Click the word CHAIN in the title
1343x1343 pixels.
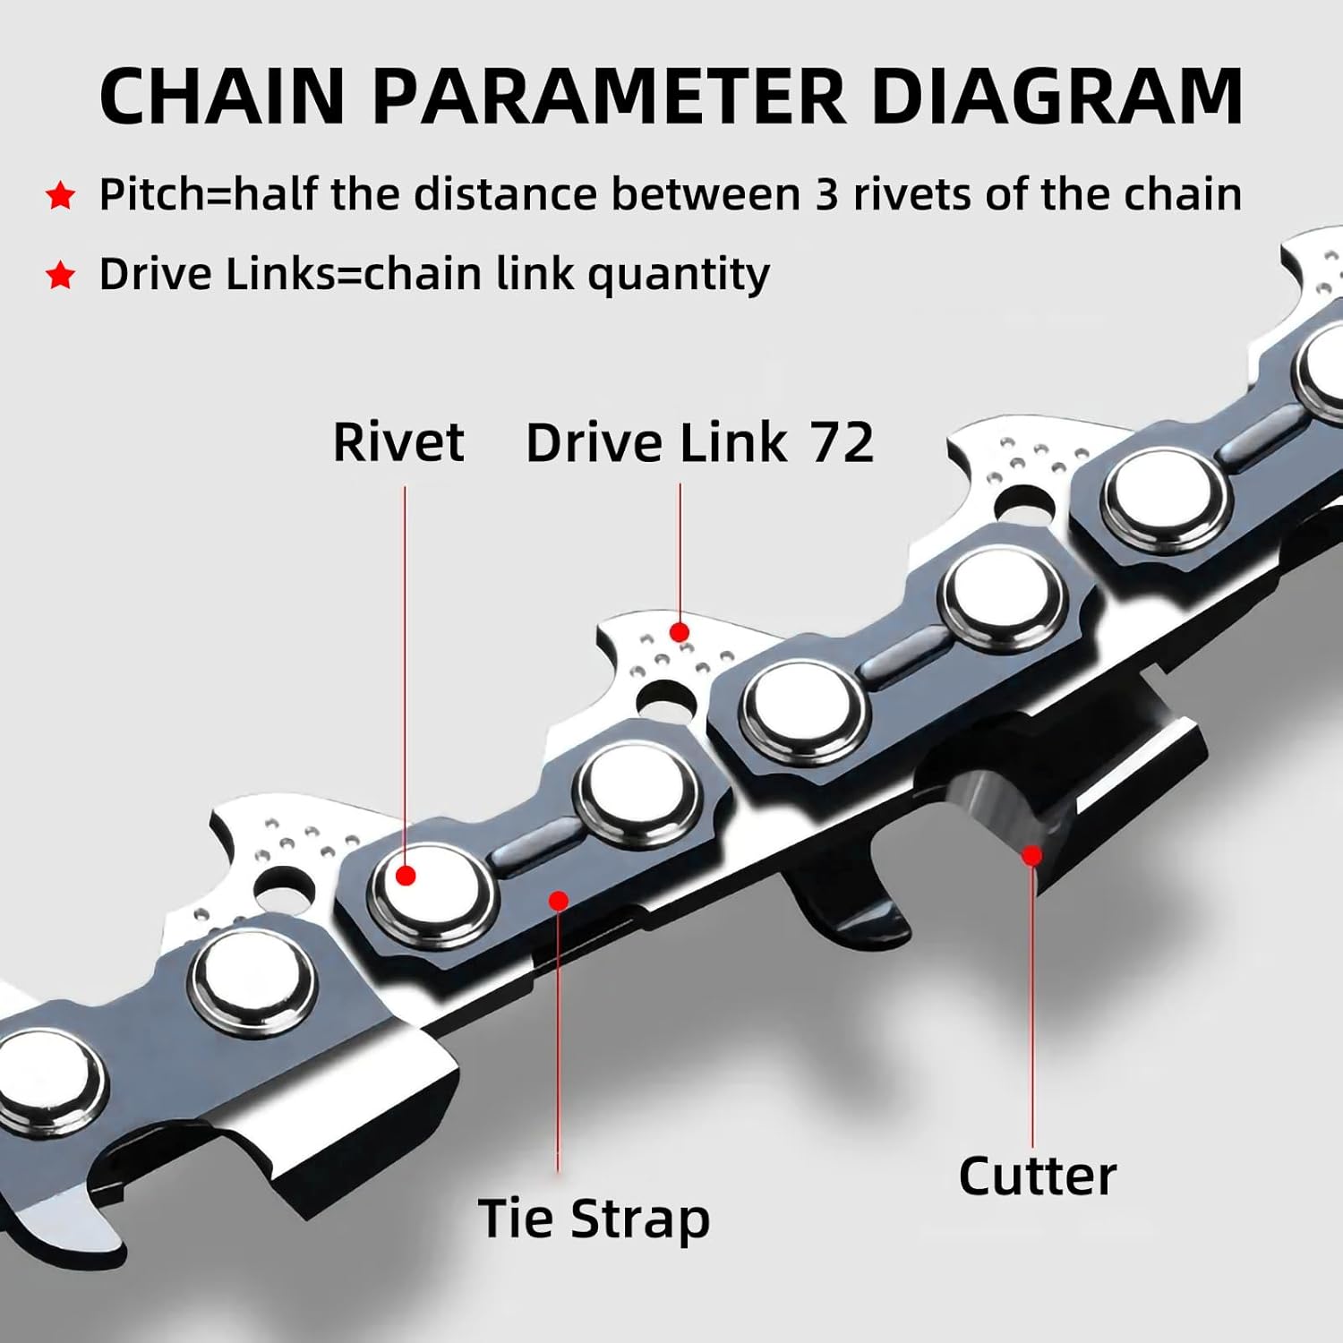(222, 96)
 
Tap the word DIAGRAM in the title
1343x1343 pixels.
(1056, 96)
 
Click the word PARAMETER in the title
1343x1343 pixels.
(609, 96)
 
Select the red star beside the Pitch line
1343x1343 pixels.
(60, 195)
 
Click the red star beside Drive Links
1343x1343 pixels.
(60, 275)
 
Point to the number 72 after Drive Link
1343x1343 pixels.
(841, 442)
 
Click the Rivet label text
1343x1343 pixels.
(398, 442)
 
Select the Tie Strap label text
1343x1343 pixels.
(594, 1219)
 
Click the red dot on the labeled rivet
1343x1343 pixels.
(406, 875)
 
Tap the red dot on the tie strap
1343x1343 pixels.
(558, 900)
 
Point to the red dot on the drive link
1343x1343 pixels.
(680, 632)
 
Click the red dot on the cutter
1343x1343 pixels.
(1031, 855)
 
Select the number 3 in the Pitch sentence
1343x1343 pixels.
(825, 194)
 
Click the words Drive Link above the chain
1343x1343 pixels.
(656, 442)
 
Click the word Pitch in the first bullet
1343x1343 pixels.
(151, 194)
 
